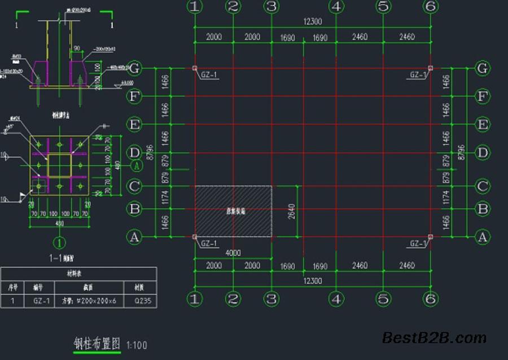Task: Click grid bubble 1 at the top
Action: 195,7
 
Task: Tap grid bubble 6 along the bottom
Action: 431,299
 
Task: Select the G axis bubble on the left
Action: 134,68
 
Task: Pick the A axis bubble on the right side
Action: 481,238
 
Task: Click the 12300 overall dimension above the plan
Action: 312,21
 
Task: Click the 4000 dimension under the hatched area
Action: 233,252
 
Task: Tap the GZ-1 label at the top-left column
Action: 209,75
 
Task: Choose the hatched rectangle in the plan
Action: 233,210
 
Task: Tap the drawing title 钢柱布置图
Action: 98,343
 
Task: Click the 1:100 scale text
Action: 137,345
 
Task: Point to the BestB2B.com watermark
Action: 434,338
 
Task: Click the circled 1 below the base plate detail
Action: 59,243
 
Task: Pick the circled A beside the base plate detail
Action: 136,166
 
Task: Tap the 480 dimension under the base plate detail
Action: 59,223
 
